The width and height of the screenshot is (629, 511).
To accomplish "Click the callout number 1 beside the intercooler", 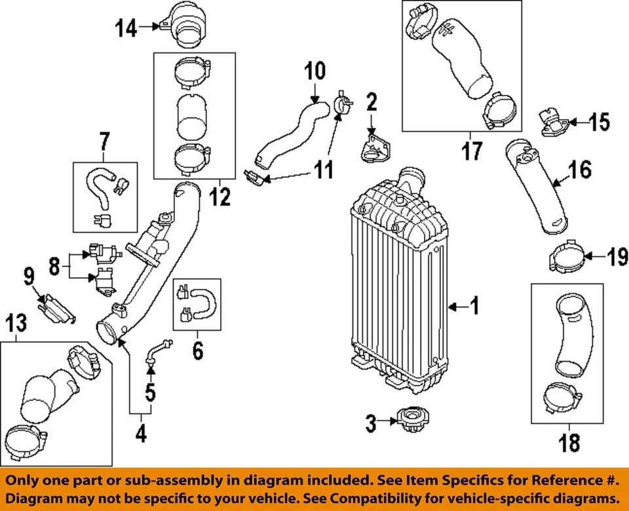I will pyautogui.click(x=474, y=305).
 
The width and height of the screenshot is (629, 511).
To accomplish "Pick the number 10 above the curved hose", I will pyautogui.click(x=314, y=70).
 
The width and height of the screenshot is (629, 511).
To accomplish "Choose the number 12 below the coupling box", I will pyautogui.click(x=220, y=195).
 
